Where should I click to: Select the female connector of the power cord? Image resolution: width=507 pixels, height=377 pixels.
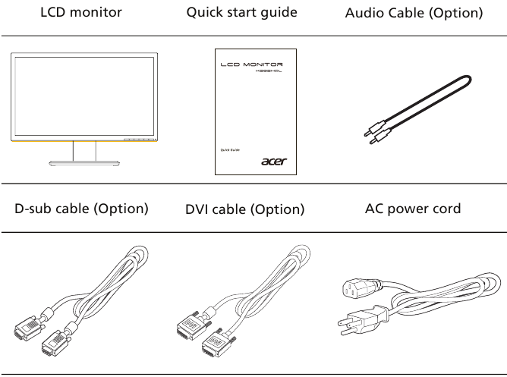351,289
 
